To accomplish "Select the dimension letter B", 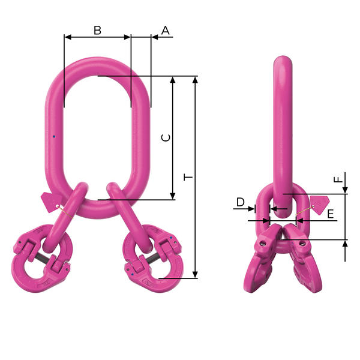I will [97, 30].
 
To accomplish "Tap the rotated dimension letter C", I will [167, 137].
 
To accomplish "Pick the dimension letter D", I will [240, 202].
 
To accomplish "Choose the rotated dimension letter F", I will [338, 179].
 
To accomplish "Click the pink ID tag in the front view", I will [47, 199].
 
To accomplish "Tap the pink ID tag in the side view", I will [320, 202].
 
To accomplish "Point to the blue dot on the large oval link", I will [53, 137].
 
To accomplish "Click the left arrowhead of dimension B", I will [67, 37].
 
